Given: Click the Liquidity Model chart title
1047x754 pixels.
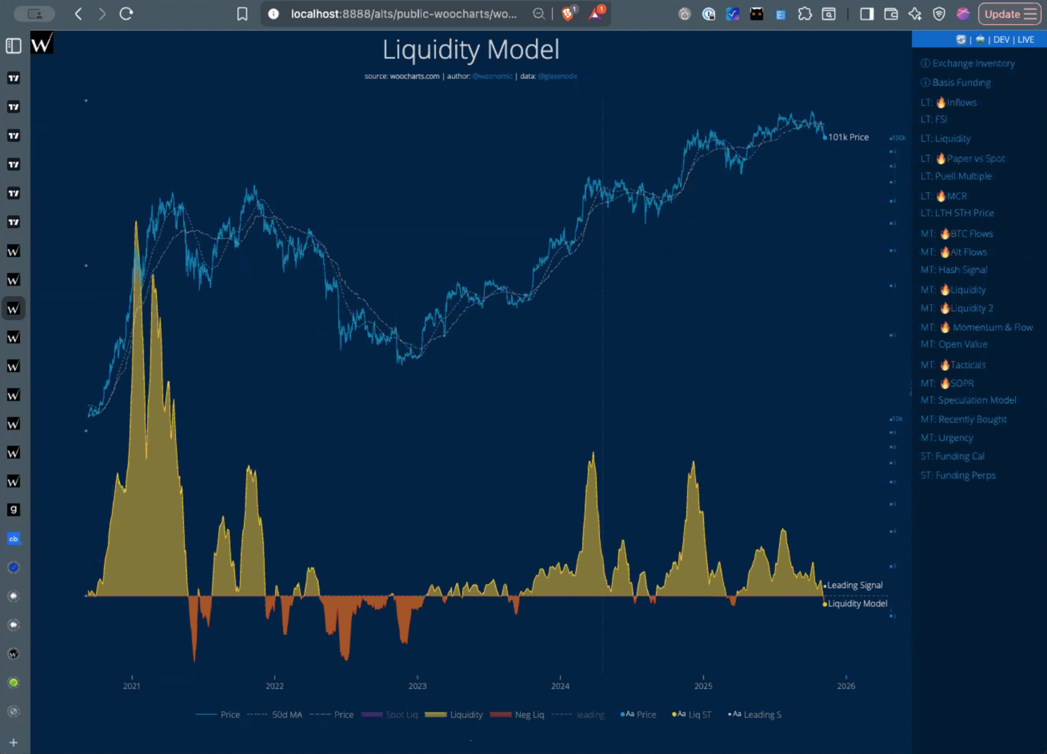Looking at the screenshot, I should click(470, 50).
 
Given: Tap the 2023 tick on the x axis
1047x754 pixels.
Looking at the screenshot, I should click(417, 686).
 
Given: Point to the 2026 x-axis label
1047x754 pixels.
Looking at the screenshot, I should click(846, 686).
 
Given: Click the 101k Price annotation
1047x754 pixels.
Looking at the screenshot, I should click(848, 137).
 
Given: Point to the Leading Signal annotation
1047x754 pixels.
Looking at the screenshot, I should click(854, 585).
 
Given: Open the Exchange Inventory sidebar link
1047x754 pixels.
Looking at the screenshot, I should click(973, 63).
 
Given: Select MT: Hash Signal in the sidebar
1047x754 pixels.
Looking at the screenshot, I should click(954, 270).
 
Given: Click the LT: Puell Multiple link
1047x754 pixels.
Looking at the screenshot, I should click(956, 176).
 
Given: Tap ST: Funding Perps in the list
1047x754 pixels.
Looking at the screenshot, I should click(958, 475).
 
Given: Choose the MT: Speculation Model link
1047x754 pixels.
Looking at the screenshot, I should click(968, 400).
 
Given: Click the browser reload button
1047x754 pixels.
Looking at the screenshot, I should click(126, 14).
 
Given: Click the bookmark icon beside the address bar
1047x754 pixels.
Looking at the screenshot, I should click(242, 14).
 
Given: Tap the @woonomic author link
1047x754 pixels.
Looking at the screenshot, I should click(492, 76).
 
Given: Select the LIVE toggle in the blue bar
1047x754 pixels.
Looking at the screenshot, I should click(1026, 40).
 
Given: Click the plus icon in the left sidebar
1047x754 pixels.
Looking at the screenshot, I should click(13, 742).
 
